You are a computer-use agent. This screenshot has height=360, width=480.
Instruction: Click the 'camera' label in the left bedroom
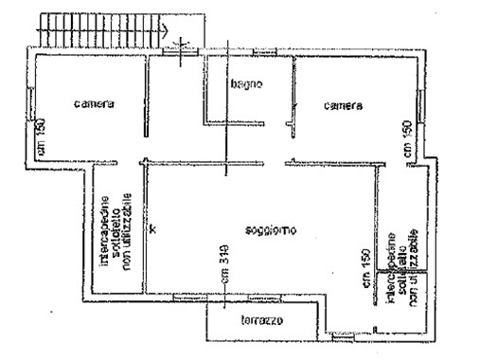click(95, 104)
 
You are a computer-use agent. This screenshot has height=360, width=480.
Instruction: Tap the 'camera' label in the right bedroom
click(343, 106)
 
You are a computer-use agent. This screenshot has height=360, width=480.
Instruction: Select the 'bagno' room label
click(244, 84)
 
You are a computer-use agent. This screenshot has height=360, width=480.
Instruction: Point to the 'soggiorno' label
click(270, 230)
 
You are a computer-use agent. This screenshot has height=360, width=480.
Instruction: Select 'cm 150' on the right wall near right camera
click(406, 139)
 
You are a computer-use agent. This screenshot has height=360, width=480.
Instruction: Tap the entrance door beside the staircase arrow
click(181, 49)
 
